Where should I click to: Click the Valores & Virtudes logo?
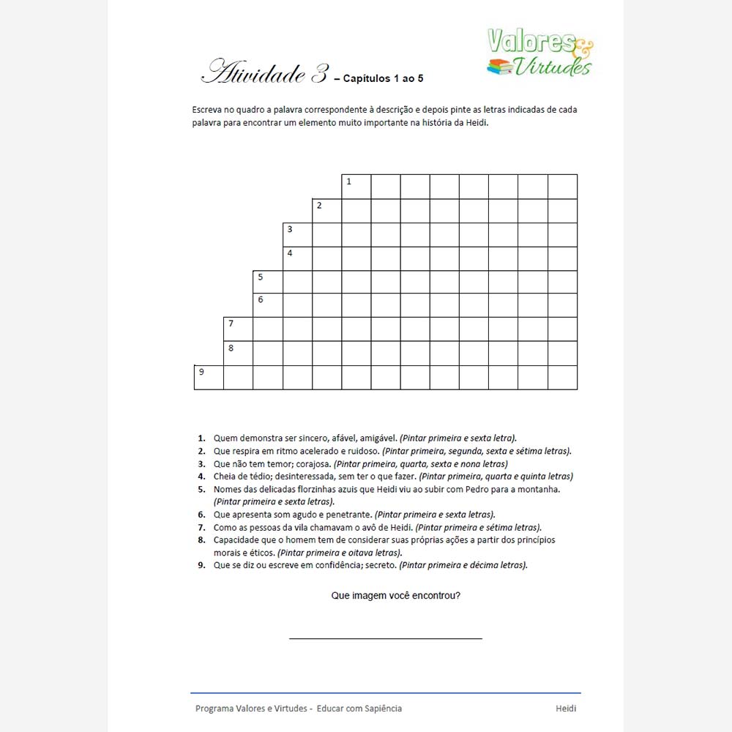tap(540, 52)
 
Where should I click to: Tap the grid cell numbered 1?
tap(356, 187)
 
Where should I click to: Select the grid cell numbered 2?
tap(326, 211)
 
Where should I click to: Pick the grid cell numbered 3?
tap(297, 234)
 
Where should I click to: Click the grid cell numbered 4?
tap(297, 258)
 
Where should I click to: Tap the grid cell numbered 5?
tap(267, 282)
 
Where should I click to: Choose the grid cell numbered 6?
tap(267, 305)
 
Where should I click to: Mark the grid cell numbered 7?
tap(238, 329)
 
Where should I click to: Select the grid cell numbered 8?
tap(238, 353)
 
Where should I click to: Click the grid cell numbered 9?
tap(209, 377)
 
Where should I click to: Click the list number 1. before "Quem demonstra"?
tap(201, 438)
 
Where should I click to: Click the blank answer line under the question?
tap(386, 638)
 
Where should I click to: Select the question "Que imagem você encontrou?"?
tap(396, 596)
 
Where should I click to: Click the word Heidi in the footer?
tap(566, 709)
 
